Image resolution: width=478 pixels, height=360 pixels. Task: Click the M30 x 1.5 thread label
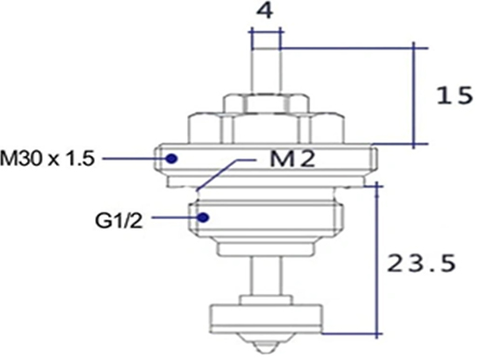(x=48, y=159)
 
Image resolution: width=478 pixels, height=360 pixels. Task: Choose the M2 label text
(x=290, y=159)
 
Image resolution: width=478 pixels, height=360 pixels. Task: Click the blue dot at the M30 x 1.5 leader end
(x=171, y=159)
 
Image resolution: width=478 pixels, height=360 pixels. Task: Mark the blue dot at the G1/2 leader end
(x=206, y=217)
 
